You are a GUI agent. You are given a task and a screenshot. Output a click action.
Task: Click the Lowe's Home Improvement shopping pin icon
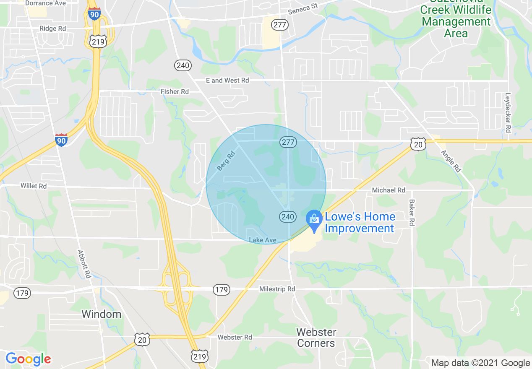point(314,219)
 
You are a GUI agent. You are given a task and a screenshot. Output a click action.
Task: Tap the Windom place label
point(101,314)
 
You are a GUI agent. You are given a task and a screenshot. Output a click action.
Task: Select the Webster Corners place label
point(316,338)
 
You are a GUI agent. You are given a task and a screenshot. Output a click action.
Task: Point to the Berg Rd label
point(226,161)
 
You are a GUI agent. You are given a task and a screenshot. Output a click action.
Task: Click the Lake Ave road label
point(262,240)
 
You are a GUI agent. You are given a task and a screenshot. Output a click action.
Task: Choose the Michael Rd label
point(389,190)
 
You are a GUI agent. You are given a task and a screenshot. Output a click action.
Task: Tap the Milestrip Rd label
point(277,289)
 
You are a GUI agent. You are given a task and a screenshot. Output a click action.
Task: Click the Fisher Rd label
point(175,91)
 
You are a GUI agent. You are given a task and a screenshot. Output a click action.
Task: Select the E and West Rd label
point(227,80)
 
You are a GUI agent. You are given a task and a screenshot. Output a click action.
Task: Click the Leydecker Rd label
point(508,112)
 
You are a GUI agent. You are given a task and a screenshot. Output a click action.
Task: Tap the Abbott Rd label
point(84,264)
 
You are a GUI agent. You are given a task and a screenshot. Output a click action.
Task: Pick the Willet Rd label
point(34,186)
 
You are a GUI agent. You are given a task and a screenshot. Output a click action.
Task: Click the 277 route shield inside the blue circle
point(288,142)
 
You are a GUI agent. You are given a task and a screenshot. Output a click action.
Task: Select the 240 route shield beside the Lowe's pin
point(287,217)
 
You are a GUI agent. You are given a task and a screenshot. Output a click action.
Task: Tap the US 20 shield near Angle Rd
point(418,145)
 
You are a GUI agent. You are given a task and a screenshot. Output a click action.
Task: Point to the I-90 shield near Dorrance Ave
point(94,15)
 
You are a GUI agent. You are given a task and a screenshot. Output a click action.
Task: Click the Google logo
point(28,359)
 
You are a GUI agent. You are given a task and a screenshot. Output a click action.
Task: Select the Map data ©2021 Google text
point(480,363)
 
